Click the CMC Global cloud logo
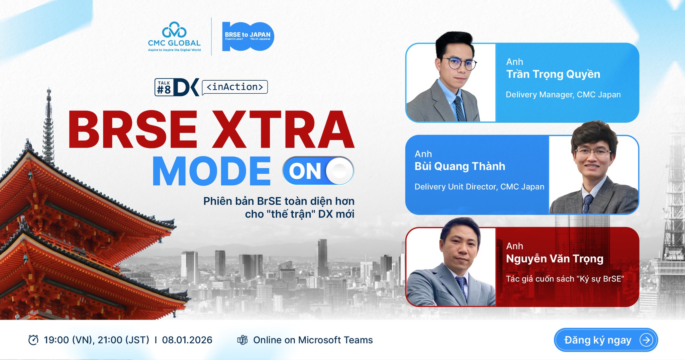point(174,30)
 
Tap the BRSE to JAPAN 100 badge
point(248,36)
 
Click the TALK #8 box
point(164,87)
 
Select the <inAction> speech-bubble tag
point(235,87)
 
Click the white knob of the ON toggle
point(339,171)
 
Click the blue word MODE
point(211,171)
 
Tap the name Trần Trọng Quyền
point(553,75)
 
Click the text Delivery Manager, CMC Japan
point(563,95)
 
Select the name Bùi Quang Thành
point(460,166)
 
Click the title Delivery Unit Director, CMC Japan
point(479,187)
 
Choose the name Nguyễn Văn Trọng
point(555,259)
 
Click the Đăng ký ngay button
point(606,340)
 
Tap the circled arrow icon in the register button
point(646,340)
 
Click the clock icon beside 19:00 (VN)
point(33,340)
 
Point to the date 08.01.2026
point(187,340)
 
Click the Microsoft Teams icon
point(242,340)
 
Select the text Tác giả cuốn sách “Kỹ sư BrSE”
point(565,279)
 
